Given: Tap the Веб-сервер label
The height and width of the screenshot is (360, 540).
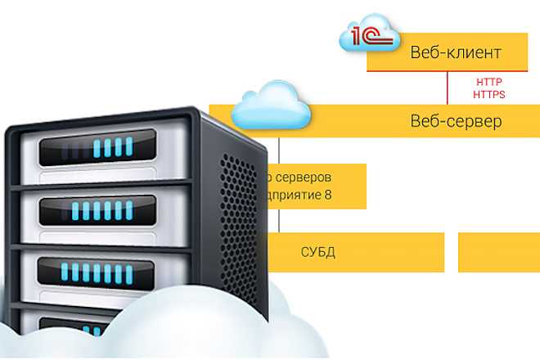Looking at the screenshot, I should pyautogui.click(x=456, y=121).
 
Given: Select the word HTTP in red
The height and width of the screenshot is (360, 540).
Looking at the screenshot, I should pyautogui.click(x=488, y=83).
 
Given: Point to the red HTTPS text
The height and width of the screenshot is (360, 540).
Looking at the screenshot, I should pyautogui.click(x=489, y=94).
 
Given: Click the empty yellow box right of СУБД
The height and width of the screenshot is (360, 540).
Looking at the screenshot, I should pyautogui.click(x=498, y=252).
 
